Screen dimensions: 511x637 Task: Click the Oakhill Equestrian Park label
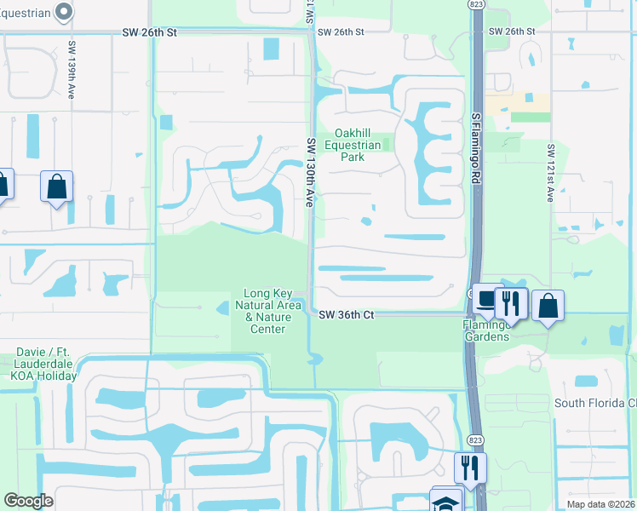[x=362, y=145]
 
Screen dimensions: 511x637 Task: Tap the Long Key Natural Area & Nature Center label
[x=267, y=311]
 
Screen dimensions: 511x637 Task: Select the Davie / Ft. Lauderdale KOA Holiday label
[x=47, y=364]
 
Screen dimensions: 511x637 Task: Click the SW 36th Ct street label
[x=347, y=314]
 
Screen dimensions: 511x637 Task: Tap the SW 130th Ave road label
[x=311, y=174]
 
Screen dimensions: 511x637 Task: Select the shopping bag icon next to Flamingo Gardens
[x=548, y=307]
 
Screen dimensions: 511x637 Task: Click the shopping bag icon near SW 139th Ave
[x=56, y=187]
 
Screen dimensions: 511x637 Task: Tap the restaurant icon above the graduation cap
[x=469, y=468]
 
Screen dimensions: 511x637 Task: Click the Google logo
[x=28, y=501]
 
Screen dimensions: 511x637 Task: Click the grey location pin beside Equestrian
[x=62, y=11]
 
